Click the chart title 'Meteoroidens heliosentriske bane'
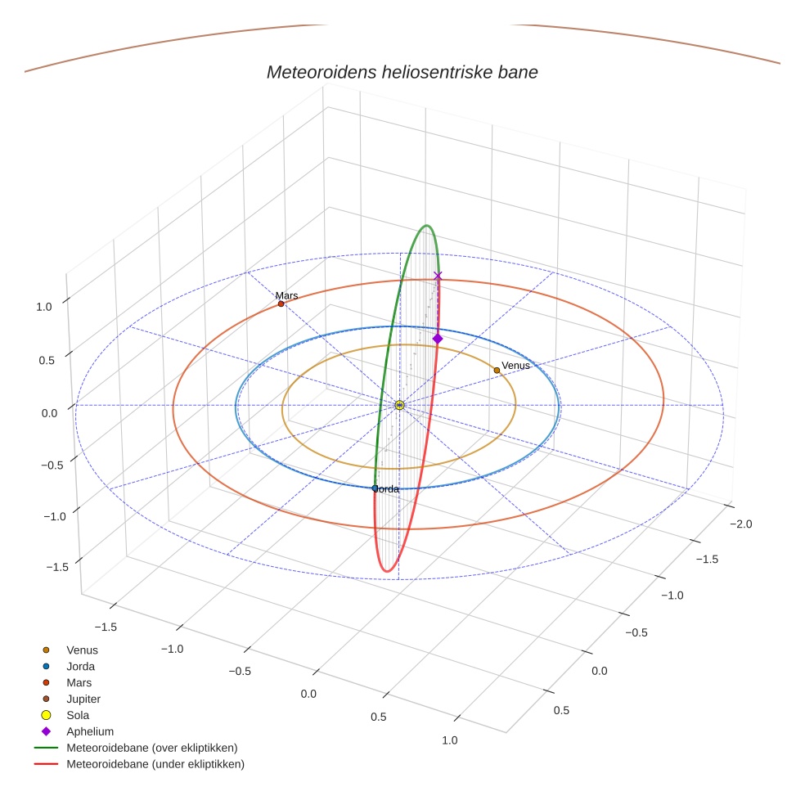click(x=402, y=72)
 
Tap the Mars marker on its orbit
click(x=281, y=304)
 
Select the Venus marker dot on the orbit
click(x=497, y=370)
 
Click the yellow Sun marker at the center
click(x=399, y=405)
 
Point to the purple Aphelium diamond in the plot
click(x=438, y=339)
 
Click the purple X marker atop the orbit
click(x=438, y=276)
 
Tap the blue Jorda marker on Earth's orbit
click(x=375, y=488)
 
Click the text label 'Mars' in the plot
click(x=286, y=295)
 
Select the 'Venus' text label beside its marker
click(x=515, y=366)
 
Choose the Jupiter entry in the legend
click(x=83, y=699)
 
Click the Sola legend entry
click(x=78, y=715)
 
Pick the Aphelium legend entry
click(x=89, y=731)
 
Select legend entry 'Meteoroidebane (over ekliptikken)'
click(x=151, y=748)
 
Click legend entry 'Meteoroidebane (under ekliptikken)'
click(x=155, y=764)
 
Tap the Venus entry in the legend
click(x=82, y=650)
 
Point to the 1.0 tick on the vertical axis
click(x=44, y=306)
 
